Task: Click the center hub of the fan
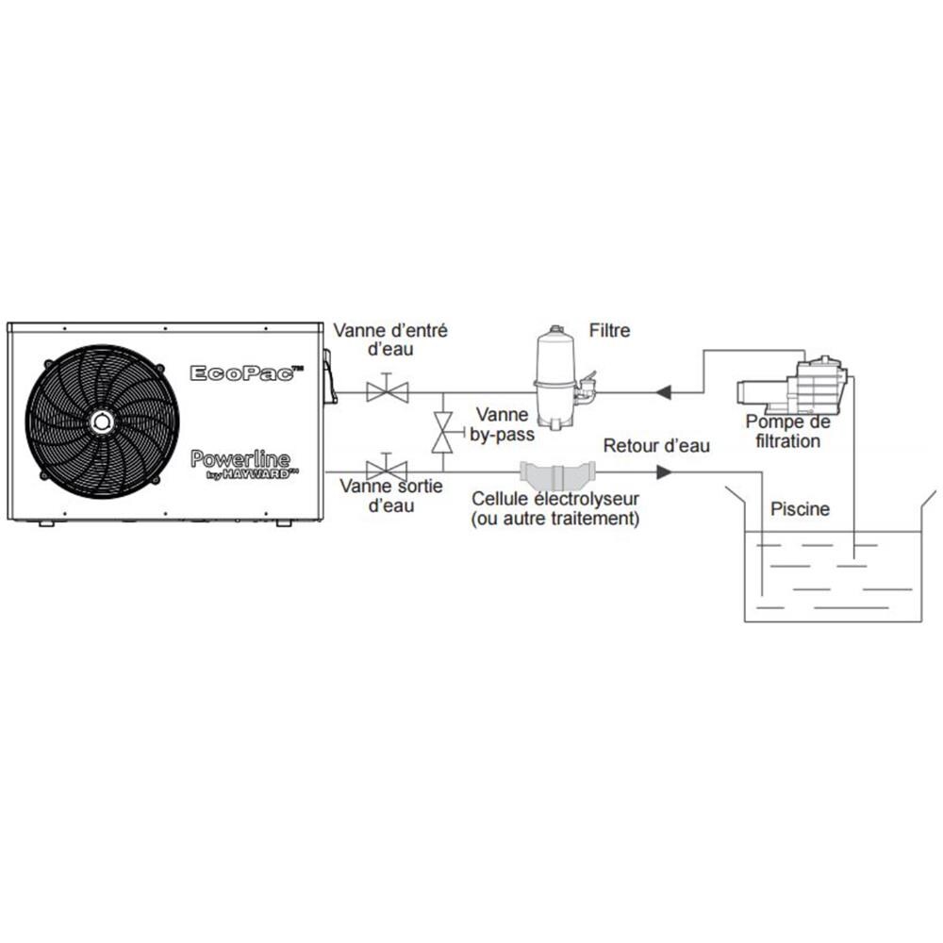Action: coord(102,420)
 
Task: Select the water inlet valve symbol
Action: coord(387,389)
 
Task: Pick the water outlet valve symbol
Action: coord(387,469)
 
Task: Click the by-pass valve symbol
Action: coord(441,432)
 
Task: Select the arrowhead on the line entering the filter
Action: coord(664,390)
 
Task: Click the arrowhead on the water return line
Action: coord(664,471)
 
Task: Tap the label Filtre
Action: coord(609,330)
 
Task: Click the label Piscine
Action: coord(800,509)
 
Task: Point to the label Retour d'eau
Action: coord(656,445)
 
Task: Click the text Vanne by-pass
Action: coord(503,423)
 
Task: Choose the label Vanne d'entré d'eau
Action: coord(390,339)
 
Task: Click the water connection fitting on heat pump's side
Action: coord(329,377)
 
